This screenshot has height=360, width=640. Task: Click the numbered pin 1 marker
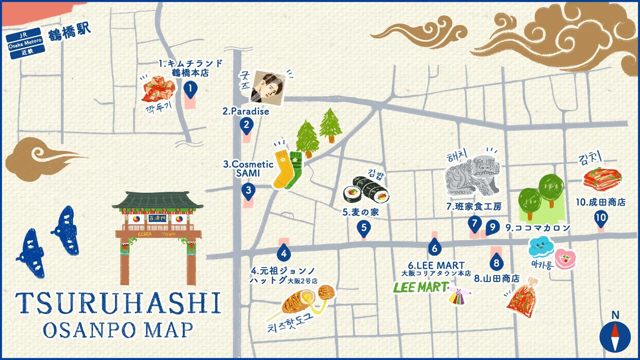click(x=190, y=89)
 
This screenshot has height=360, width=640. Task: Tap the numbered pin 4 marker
click(x=284, y=254)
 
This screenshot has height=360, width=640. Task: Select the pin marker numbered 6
click(x=434, y=248)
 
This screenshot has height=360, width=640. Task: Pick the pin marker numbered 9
click(x=492, y=227)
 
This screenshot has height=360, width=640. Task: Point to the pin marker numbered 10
click(x=601, y=218)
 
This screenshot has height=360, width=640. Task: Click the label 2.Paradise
click(x=246, y=111)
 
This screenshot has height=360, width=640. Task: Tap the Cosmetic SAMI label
click(x=248, y=169)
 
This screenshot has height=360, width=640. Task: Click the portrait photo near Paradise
click(x=268, y=88)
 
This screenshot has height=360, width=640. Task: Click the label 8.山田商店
click(x=497, y=279)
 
